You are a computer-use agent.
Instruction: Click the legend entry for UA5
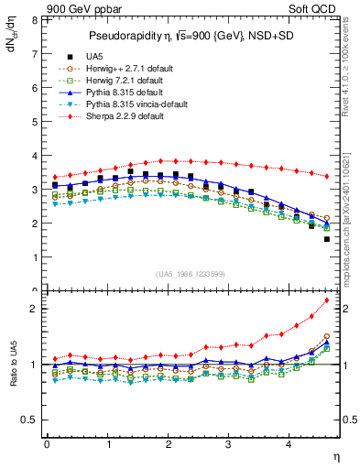[x=93, y=56]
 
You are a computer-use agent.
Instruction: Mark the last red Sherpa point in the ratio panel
[x=327, y=300]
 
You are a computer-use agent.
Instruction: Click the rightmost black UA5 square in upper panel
[x=327, y=239]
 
